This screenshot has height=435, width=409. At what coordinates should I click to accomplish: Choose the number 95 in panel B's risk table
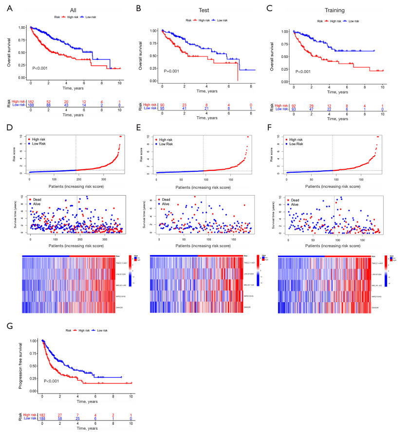pos(162,108)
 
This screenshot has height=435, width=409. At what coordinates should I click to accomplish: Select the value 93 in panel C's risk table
pos(293,109)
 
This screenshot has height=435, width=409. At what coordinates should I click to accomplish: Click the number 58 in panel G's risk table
pos(60,418)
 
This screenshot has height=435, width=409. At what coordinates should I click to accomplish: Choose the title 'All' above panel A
pos(74,9)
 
